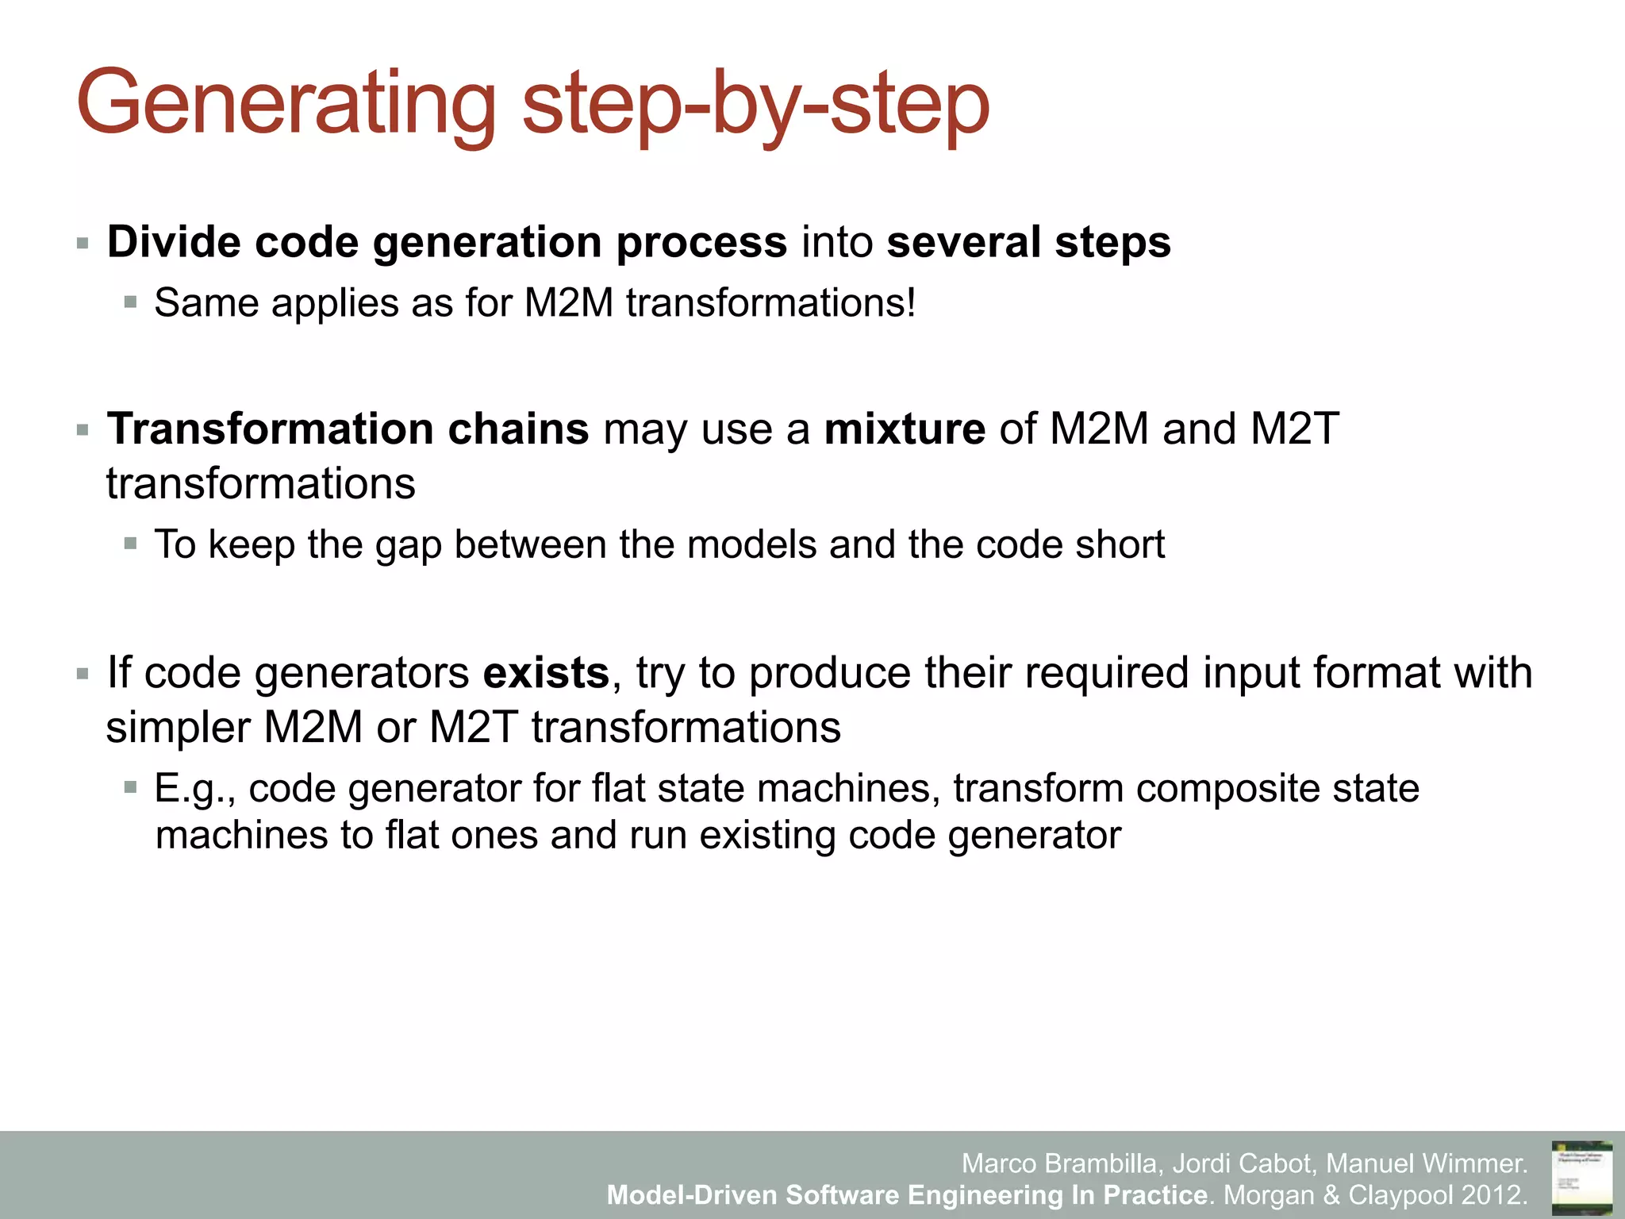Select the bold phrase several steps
(x=1028, y=242)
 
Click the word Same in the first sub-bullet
(x=206, y=303)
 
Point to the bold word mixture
(x=905, y=429)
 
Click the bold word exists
(x=546, y=673)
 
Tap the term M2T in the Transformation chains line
(x=1294, y=429)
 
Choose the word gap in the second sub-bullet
(x=408, y=545)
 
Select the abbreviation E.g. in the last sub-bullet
(x=190, y=789)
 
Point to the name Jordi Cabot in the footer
(x=1242, y=1163)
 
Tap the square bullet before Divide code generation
(x=83, y=244)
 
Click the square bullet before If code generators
(x=83, y=675)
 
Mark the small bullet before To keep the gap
(x=131, y=544)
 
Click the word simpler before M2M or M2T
(x=178, y=728)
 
